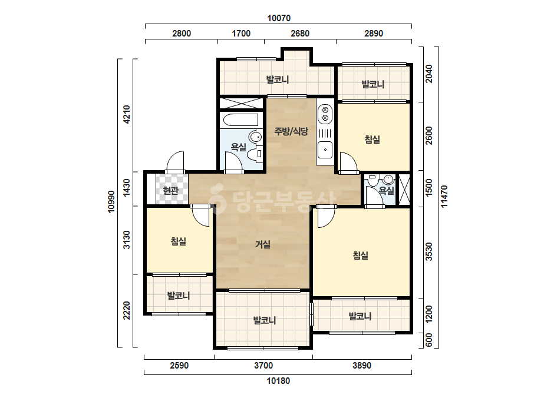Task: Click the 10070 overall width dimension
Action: point(279,18)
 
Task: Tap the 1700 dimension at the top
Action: point(241,34)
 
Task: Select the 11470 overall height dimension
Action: point(444,197)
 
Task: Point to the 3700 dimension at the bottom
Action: point(263,366)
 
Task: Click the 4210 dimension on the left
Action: point(127,114)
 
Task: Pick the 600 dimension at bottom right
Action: point(429,340)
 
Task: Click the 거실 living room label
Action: point(263,244)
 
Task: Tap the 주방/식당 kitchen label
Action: point(291,131)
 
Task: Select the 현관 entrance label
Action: point(170,190)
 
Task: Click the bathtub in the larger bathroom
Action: point(241,120)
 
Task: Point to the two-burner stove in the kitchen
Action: point(325,114)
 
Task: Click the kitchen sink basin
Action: point(325,150)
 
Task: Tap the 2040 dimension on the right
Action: point(429,74)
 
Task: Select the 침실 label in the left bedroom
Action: point(179,241)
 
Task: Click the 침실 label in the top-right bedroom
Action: point(372,140)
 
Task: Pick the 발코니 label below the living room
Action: point(265,320)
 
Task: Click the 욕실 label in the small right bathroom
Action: point(386,190)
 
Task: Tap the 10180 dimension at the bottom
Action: point(278,381)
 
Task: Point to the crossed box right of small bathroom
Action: point(404,190)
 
